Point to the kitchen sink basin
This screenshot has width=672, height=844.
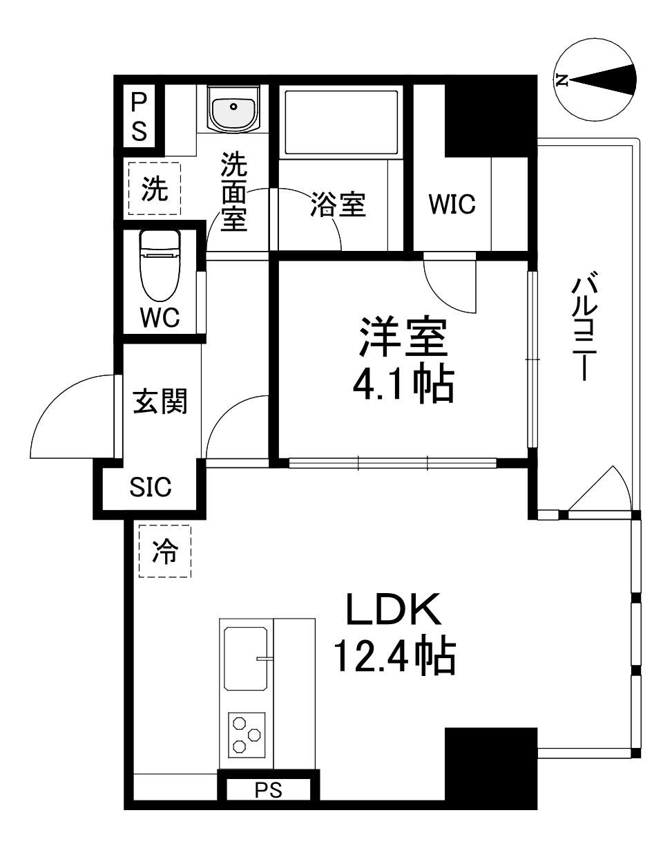point(245,658)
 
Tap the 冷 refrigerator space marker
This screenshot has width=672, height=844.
point(164,551)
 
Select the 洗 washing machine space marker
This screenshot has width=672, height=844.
point(154,189)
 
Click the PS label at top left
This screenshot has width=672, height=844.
point(140,116)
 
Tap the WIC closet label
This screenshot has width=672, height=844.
point(452,205)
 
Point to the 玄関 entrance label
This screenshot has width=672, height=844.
point(160,401)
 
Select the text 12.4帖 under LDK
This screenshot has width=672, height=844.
point(394,657)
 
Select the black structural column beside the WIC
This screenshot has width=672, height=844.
point(490,118)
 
